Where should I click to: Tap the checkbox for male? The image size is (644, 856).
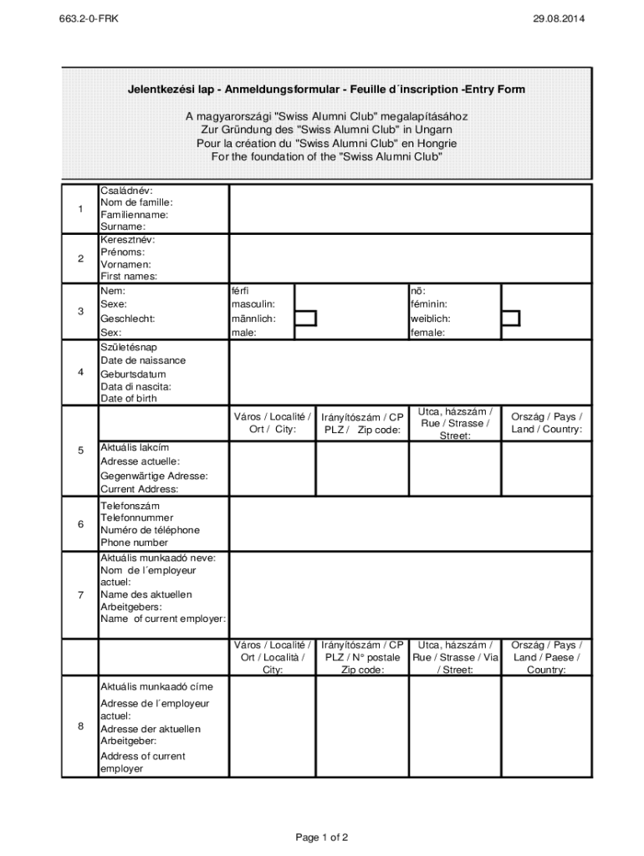click(x=306, y=318)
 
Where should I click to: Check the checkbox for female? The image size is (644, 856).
click(x=510, y=318)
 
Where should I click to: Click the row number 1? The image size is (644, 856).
click(x=80, y=209)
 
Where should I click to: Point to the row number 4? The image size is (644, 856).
click(x=80, y=373)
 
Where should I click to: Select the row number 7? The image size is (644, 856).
click(x=80, y=595)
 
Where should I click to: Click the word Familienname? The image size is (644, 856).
click(x=135, y=215)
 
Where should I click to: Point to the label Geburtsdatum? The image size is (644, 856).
click(x=133, y=374)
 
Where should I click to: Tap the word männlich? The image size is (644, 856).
click(x=253, y=318)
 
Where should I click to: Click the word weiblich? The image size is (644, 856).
click(x=431, y=318)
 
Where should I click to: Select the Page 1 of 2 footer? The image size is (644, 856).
click(x=321, y=837)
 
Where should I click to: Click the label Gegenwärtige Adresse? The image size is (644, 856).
click(x=154, y=476)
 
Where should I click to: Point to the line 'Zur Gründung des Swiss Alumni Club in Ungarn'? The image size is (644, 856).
click(x=326, y=130)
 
